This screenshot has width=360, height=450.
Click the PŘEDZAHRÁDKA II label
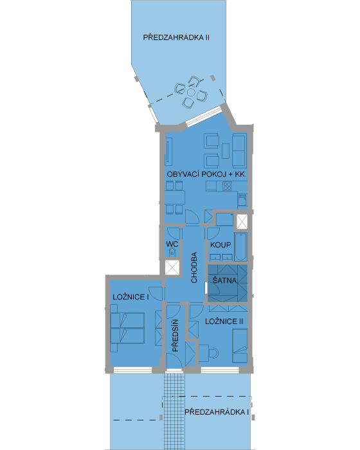tap(176, 37)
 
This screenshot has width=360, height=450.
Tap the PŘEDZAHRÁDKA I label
tap(217, 412)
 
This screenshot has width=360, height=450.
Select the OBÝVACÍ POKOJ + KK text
tap(206, 174)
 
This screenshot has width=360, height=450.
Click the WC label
tap(172, 244)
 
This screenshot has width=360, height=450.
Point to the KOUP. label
tap(221, 245)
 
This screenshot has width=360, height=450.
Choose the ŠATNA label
tap(224, 280)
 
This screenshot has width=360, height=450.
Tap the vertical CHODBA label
tap(194, 267)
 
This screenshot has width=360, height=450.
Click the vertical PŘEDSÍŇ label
tap(175, 336)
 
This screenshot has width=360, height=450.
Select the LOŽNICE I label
tap(130, 297)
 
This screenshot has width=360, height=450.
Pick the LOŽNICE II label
tap(224, 321)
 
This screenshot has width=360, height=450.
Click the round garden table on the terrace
tap(191, 93)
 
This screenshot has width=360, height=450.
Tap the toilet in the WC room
tap(172, 253)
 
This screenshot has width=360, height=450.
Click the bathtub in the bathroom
tap(240, 246)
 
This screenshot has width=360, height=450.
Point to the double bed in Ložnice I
tap(128, 328)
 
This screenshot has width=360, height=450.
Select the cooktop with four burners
tap(228, 186)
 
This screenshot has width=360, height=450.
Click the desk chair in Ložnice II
tap(214, 353)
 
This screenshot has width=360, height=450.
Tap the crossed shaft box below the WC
tap(172, 268)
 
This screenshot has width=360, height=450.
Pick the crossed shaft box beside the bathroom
tap(242, 222)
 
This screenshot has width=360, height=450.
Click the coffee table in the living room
tap(226, 150)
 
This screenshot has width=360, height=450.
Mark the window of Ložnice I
tap(133, 370)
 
